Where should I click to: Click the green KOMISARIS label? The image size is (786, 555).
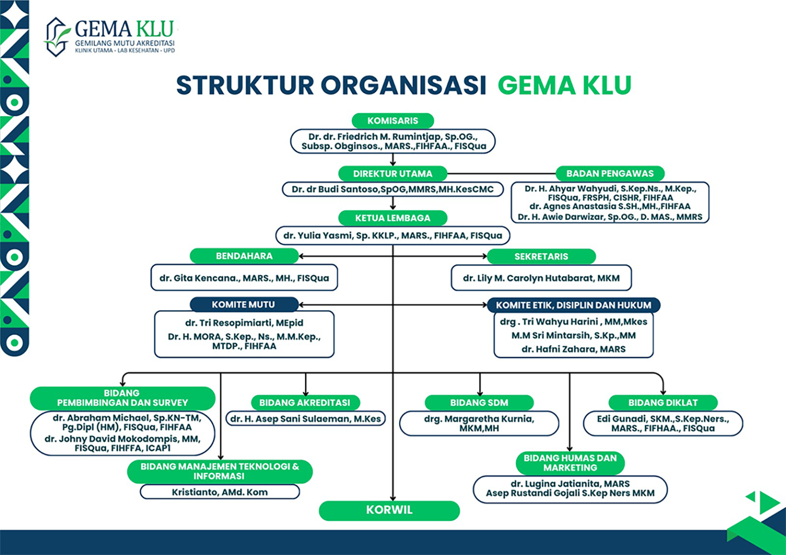(x=393, y=121)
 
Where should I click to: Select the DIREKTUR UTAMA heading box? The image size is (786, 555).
(x=393, y=174)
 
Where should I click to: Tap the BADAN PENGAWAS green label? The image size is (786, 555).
(x=610, y=173)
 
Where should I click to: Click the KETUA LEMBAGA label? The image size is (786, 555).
(x=393, y=218)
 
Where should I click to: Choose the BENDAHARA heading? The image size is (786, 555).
(x=244, y=256)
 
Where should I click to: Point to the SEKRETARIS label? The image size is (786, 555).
(x=541, y=256)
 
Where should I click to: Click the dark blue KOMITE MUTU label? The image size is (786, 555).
(x=244, y=305)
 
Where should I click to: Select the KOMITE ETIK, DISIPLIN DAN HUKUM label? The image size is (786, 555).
(x=573, y=305)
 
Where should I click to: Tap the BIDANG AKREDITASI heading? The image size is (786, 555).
(x=305, y=403)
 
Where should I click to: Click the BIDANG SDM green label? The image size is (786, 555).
(x=479, y=403)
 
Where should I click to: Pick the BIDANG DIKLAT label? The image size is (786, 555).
(x=663, y=403)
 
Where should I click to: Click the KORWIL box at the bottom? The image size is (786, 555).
(x=389, y=510)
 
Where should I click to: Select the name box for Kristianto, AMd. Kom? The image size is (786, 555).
(x=220, y=492)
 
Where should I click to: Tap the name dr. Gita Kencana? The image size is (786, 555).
(x=244, y=278)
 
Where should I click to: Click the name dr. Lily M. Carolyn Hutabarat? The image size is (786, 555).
(x=541, y=278)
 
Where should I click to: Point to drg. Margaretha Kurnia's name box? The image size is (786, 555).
(x=479, y=423)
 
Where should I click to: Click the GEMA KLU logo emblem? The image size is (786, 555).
(x=57, y=37)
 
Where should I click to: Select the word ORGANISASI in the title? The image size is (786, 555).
(x=404, y=85)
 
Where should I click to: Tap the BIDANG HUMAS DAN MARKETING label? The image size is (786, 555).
(x=570, y=463)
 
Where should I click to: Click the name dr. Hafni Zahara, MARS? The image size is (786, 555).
(x=573, y=349)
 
